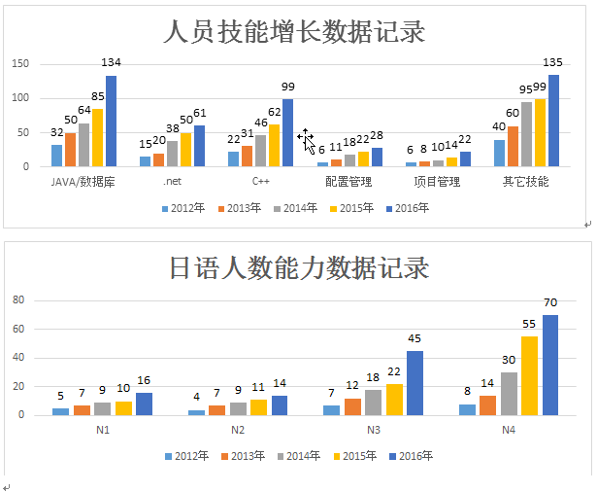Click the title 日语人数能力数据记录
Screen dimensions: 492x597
(298, 266)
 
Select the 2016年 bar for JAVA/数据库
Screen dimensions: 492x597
(111, 122)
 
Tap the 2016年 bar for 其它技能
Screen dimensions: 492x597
(553, 121)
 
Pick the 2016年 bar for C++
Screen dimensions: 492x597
(287, 133)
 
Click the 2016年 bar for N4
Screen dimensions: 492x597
(550, 366)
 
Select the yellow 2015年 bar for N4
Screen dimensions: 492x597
(529, 376)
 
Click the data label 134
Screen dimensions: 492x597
(111, 63)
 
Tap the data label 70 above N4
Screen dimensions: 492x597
(550, 302)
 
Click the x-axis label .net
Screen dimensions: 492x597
(173, 182)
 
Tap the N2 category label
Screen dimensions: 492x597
(237, 429)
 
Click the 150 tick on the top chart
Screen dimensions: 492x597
(21, 64)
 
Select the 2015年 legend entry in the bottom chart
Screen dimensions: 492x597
(359, 455)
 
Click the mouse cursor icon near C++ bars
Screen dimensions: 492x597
(307, 140)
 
